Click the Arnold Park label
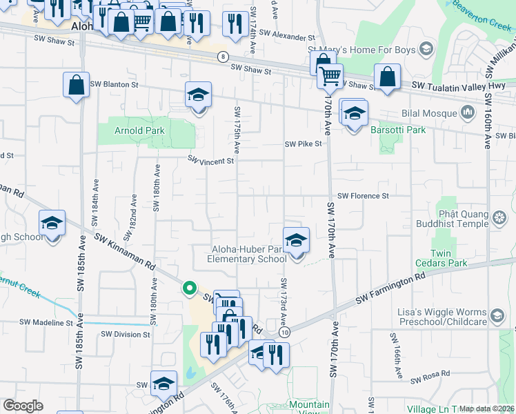click(119, 130)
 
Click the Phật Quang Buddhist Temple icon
click(499, 219)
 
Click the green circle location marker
click(188, 288)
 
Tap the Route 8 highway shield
click(222, 57)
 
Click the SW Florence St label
click(363, 196)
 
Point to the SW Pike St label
click(304, 144)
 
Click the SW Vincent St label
click(212, 160)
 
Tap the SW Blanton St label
click(115, 84)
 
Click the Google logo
click(23, 406)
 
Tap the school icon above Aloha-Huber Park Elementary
click(296, 240)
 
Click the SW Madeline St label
click(46, 322)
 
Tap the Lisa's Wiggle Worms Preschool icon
click(496, 316)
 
